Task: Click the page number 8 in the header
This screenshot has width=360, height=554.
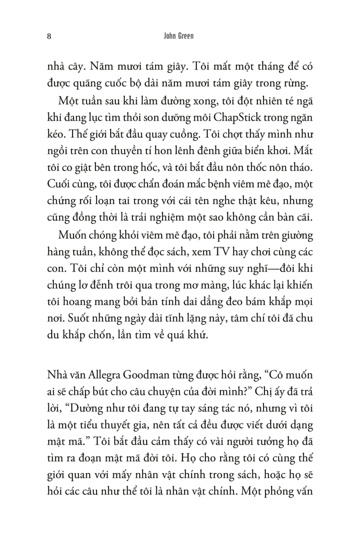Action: point(49,36)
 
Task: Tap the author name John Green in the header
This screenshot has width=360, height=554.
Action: point(179,36)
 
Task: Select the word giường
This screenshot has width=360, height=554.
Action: point(297,236)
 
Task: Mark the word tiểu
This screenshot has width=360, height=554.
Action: point(87,425)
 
